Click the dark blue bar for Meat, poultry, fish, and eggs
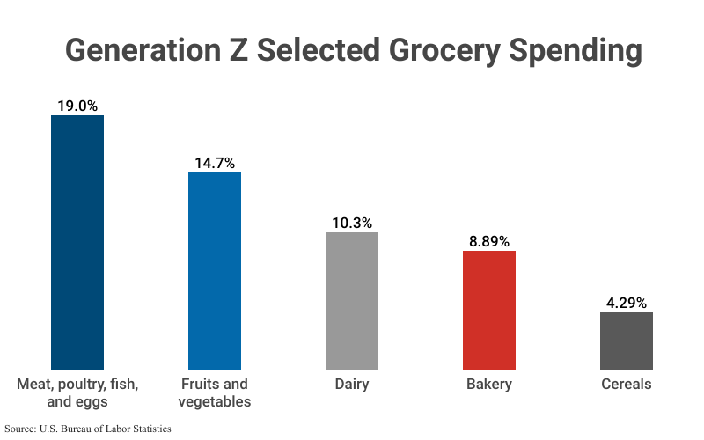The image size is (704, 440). pyautogui.click(x=77, y=242)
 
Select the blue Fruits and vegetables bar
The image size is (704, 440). pyautogui.click(x=215, y=271)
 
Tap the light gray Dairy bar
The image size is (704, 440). pyautogui.click(x=352, y=301)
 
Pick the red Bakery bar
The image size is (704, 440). pyautogui.click(x=489, y=310)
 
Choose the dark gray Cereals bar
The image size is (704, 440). pyautogui.click(x=627, y=341)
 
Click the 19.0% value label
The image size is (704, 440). pyautogui.click(x=77, y=105)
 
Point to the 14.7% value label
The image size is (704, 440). pyautogui.click(x=215, y=163)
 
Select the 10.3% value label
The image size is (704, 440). pyautogui.click(x=352, y=223)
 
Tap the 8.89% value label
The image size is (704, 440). pyautogui.click(x=489, y=241)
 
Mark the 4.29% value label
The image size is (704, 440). pyautogui.click(x=627, y=303)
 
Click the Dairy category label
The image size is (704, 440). pyautogui.click(x=352, y=385)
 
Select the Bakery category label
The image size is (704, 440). pyautogui.click(x=489, y=385)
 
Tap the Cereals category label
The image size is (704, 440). pyautogui.click(x=627, y=385)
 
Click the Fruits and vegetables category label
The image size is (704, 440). pyautogui.click(x=215, y=392)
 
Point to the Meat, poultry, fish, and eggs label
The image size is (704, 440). pyautogui.click(x=77, y=392)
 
